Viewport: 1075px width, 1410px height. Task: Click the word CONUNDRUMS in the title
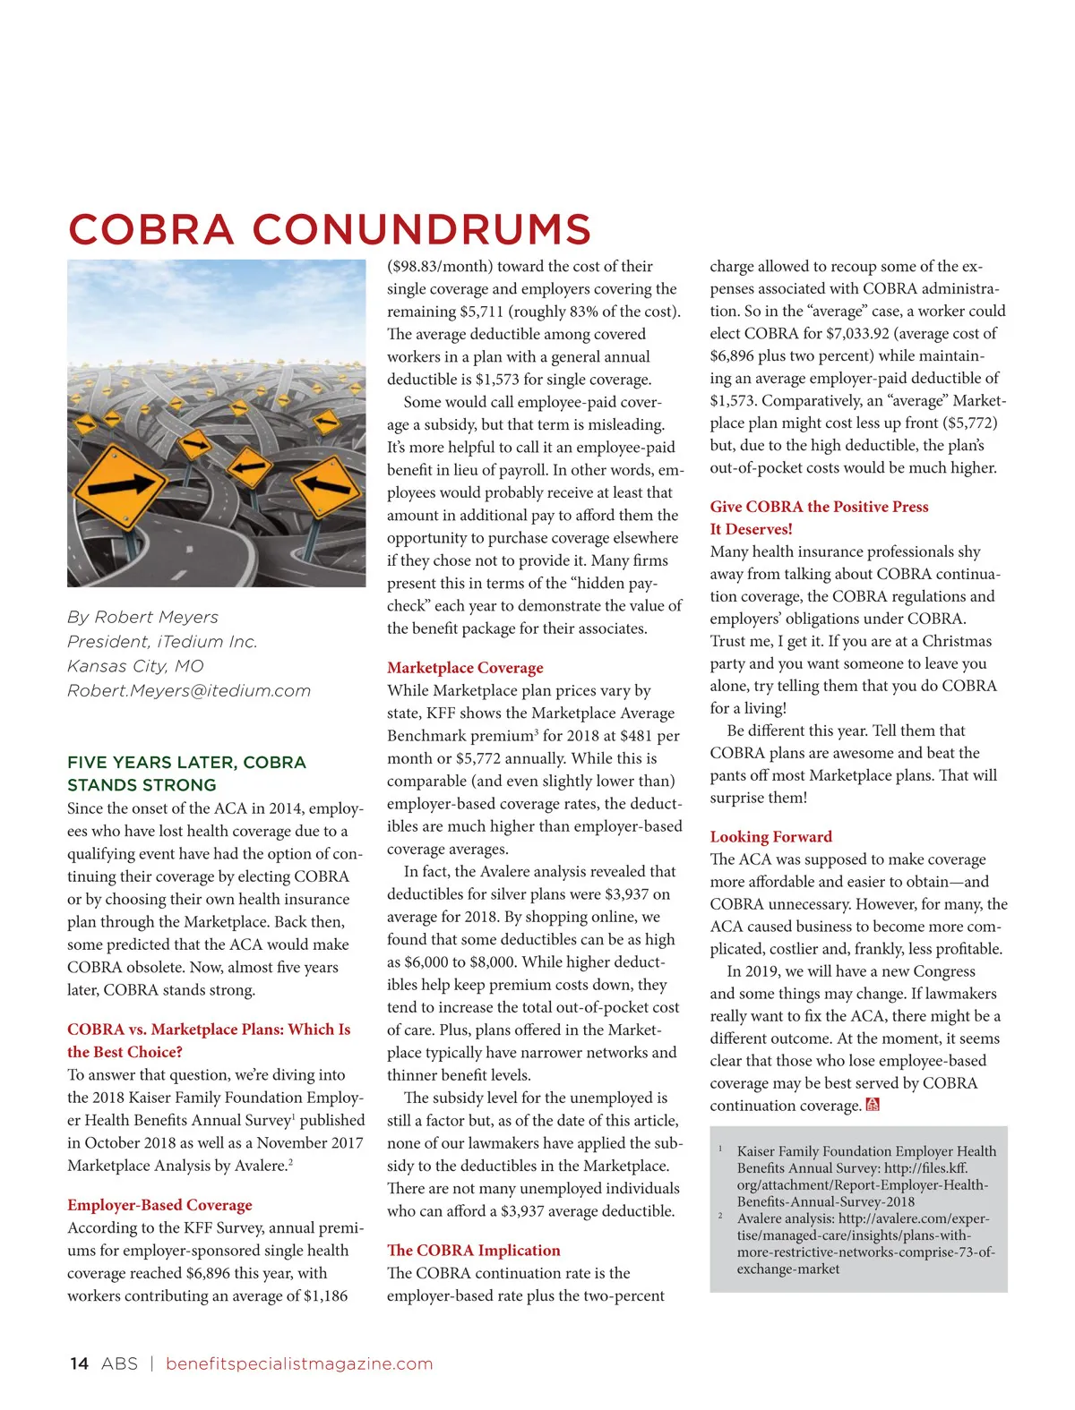[x=421, y=229]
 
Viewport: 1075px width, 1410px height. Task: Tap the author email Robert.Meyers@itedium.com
[x=189, y=691]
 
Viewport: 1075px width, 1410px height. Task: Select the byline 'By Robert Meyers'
[x=142, y=617]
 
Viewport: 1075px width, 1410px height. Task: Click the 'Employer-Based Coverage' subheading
[x=159, y=1205]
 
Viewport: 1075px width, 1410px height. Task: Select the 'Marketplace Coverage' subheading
[x=465, y=668]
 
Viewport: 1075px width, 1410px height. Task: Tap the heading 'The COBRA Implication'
[x=473, y=1251]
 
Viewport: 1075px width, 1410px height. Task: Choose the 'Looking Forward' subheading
[x=770, y=837]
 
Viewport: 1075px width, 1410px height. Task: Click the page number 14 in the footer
[x=79, y=1363]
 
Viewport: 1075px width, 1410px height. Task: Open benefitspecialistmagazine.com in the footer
[x=299, y=1363]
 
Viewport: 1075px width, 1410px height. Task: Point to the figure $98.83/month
[x=440, y=267]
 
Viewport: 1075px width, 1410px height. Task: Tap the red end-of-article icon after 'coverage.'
[x=873, y=1106]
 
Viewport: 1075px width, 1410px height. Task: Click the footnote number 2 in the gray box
[x=720, y=1216]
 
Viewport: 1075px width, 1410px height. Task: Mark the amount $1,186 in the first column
[x=325, y=1295]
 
